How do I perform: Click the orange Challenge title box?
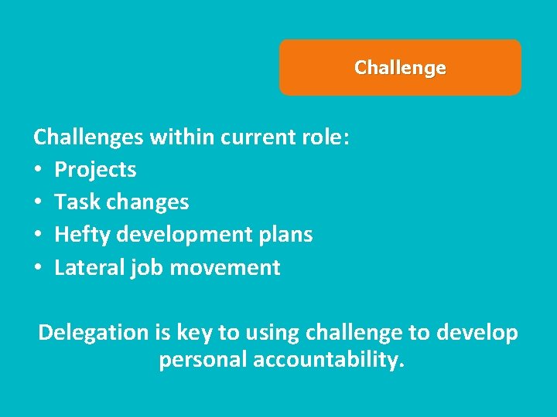point(400,68)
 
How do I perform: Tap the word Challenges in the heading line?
point(88,137)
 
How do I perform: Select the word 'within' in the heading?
point(182,137)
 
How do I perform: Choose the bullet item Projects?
point(95,170)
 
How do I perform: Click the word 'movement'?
point(225,268)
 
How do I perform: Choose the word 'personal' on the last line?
point(203,360)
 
